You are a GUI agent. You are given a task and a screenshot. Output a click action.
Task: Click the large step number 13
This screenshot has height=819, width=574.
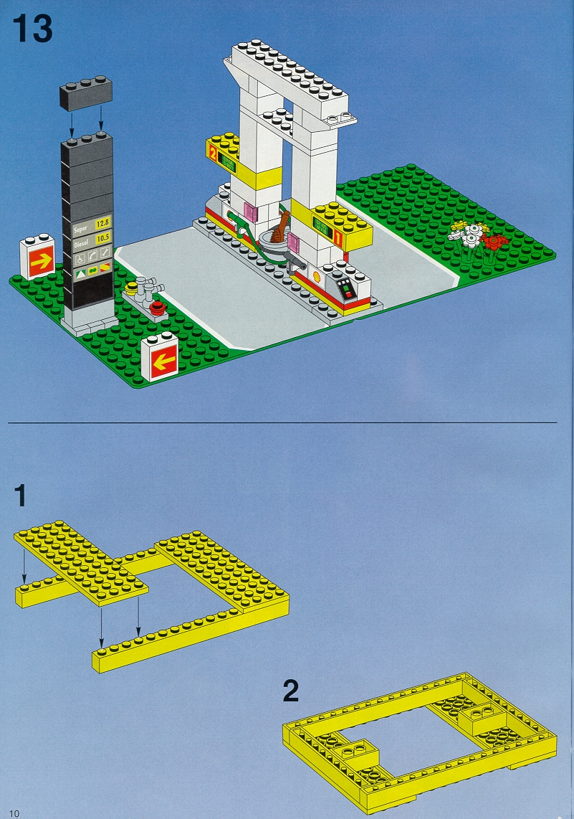pos(32,29)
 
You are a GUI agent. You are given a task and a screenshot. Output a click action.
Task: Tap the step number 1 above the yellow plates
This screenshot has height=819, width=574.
pos(20,495)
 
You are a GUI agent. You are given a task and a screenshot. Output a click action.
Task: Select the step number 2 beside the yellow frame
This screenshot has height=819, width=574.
pos(291,691)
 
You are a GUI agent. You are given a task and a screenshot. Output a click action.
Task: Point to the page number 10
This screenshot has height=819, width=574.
pos(14,813)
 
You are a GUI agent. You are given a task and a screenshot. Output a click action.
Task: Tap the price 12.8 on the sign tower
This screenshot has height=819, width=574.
pos(102,224)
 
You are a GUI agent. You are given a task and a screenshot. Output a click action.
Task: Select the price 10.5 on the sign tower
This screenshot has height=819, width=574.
pos(103,238)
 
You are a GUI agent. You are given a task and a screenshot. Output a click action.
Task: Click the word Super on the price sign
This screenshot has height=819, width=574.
pos(81,229)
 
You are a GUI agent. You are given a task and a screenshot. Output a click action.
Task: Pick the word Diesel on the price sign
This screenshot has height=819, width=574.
pos(82,243)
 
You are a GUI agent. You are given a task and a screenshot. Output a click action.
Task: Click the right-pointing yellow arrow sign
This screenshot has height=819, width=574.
pos(42,261)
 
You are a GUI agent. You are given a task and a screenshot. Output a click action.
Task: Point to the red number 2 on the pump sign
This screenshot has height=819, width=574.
pos(212,153)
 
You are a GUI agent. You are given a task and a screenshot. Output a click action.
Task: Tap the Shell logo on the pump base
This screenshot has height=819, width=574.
pos(316,274)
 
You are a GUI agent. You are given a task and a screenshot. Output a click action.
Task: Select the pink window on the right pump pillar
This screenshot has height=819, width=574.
pos(293,242)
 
